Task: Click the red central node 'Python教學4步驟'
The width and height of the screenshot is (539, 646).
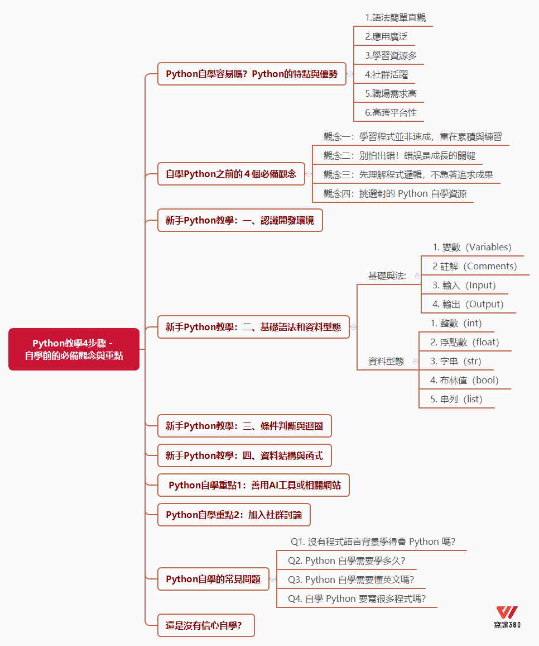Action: tap(74, 349)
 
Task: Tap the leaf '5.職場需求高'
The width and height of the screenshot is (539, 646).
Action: tap(391, 93)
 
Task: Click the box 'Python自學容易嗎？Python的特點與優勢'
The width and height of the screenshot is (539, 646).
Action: tap(252, 74)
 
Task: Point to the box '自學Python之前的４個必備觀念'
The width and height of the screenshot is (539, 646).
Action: tap(231, 174)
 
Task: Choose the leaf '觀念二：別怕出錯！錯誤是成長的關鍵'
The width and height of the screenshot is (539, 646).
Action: tap(399, 155)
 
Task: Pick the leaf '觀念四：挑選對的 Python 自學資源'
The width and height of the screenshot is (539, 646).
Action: tap(394, 193)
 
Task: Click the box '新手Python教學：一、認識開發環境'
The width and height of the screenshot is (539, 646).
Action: tap(240, 220)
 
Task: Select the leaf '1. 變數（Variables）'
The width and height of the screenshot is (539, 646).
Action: tap(471, 247)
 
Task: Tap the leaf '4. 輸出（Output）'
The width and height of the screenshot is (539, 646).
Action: tap(468, 304)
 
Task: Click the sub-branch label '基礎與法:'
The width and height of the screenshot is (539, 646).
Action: tap(387, 275)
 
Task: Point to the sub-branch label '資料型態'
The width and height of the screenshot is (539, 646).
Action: tap(386, 362)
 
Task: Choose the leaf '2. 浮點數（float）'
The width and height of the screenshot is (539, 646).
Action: tap(464, 342)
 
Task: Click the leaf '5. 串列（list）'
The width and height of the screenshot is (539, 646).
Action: tap(456, 399)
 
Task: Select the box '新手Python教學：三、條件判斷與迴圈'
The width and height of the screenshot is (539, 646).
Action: tap(244, 426)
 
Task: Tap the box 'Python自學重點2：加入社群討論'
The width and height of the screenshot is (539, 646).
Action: tap(234, 515)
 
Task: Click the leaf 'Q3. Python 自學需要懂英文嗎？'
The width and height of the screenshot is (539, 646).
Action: tap(350, 579)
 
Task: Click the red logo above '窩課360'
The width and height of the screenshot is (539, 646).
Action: tap(507, 612)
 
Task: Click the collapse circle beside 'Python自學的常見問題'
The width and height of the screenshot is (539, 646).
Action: tap(273, 579)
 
